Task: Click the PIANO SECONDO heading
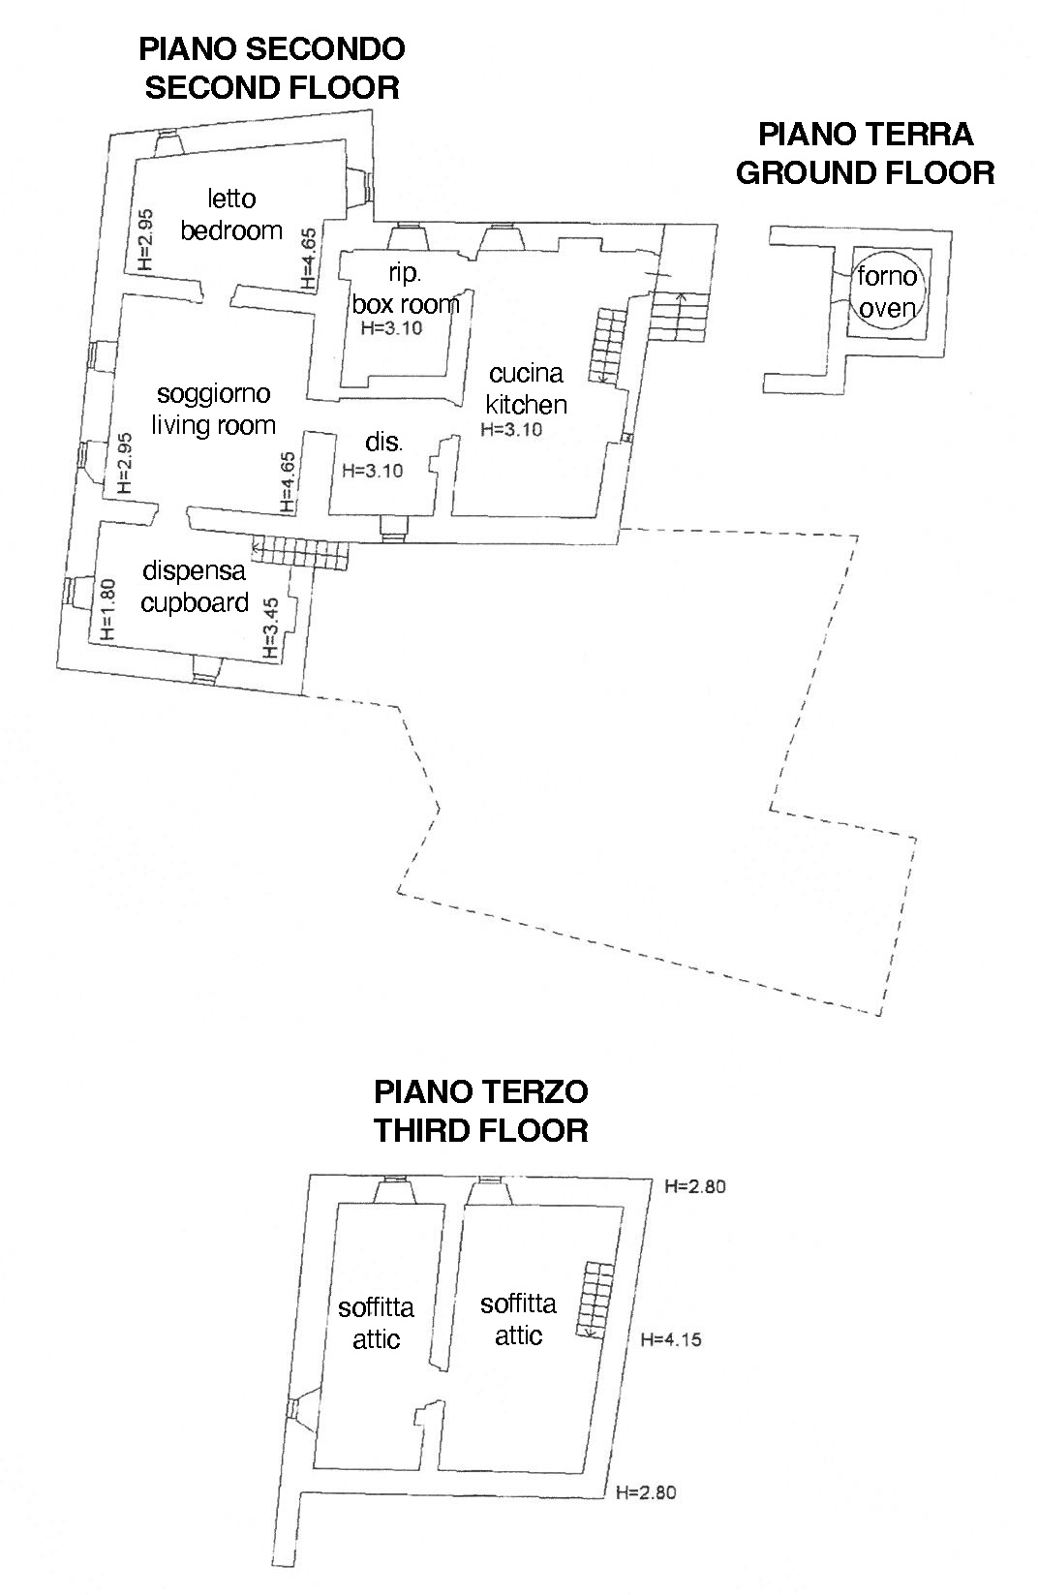(x=271, y=48)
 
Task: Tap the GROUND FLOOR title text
(x=865, y=172)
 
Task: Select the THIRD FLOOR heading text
(x=481, y=1130)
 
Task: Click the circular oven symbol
(x=888, y=292)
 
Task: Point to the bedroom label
(x=231, y=230)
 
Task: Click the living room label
(x=214, y=425)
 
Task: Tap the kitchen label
(x=527, y=404)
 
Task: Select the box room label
(x=406, y=304)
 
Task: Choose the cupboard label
(x=195, y=602)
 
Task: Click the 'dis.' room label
(x=384, y=443)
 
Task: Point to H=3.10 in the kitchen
(x=511, y=430)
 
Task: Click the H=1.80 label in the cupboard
(x=107, y=610)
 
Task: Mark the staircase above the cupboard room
(x=298, y=554)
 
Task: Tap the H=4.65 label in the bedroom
(x=308, y=259)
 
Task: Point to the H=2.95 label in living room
(x=123, y=464)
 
